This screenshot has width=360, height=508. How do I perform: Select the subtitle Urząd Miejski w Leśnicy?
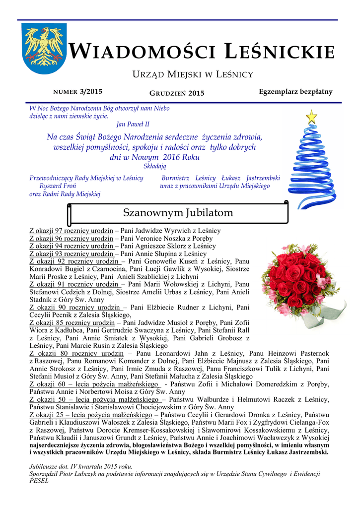point(192,74)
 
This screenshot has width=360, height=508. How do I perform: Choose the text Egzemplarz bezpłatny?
point(295,92)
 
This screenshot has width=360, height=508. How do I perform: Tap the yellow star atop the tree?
point(311,117)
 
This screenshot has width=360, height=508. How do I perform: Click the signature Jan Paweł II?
point(133,124)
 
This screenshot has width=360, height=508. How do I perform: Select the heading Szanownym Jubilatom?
point(177,213)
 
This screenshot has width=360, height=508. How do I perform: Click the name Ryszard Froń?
point(58,186)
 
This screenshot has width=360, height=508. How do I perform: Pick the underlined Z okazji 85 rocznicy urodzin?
point(72,322)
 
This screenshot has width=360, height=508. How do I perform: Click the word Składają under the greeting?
point(154,166)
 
